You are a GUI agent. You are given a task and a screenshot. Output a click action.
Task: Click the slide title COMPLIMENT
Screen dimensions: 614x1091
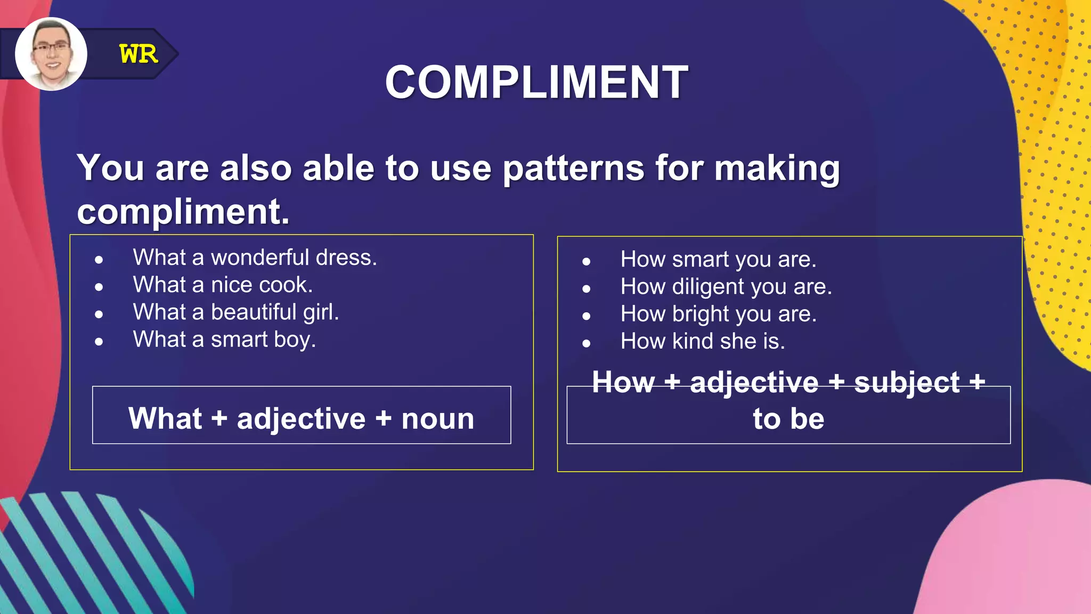(x=536, y=82)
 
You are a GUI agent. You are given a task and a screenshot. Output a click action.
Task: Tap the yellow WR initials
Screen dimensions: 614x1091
(x=139, y=54)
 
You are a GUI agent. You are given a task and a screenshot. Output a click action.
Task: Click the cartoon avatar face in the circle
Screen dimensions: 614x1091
(x=51, y=54)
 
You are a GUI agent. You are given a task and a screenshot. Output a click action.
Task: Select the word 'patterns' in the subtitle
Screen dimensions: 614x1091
(x=573, y=168)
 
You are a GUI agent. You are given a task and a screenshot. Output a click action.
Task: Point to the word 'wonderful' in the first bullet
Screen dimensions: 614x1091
(x=260, y=257)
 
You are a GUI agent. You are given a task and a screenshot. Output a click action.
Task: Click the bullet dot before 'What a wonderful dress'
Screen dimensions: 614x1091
(x=99, y=260)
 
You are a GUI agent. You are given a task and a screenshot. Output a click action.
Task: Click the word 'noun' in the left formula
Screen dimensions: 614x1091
(x=437, y=418)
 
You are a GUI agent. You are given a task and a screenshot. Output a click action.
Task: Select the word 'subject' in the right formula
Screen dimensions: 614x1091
(x=907, y=383)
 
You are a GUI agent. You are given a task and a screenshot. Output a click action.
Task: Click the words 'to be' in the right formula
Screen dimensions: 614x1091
(x=788, y=418)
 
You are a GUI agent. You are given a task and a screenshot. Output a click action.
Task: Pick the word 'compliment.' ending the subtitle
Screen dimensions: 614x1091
(x=183, y=212)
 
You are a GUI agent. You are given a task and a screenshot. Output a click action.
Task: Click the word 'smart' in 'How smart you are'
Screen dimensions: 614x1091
(x=700, y=260)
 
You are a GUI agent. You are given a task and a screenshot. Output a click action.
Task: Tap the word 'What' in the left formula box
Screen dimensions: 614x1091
(x=165, y=418)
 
